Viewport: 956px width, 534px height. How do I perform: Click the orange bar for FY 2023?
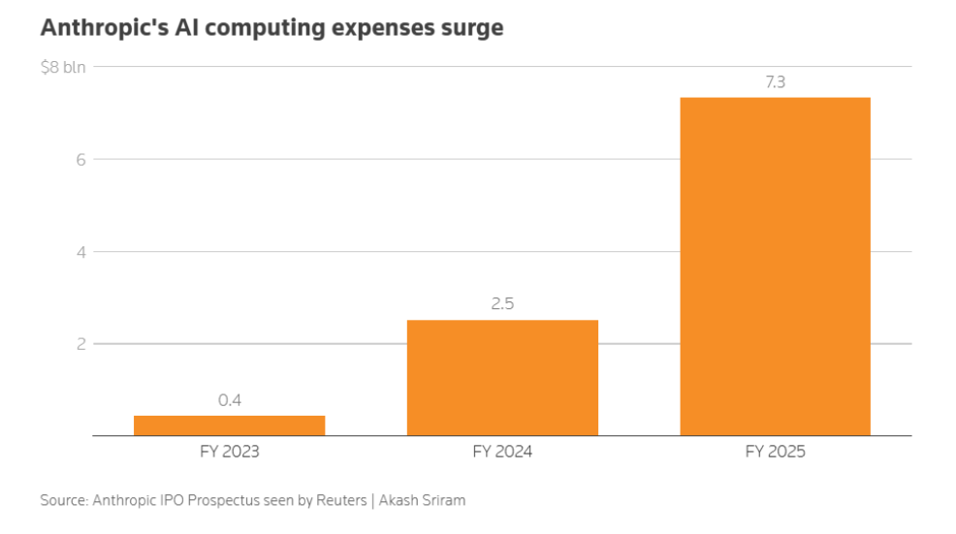pos(229,425)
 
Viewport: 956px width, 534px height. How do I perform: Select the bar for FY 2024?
pos(502,378)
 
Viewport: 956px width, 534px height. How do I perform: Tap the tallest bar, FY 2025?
pos(775,267)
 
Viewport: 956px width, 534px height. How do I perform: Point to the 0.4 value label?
pos(230,400)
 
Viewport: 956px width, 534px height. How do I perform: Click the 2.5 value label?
pos(502,303)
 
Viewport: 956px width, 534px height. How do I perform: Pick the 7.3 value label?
pos(776,82)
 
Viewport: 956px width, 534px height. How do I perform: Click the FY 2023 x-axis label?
pos(229,452)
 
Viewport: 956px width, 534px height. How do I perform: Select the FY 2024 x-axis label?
pos(502,452)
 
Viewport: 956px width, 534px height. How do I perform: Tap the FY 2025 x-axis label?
pos(775,452)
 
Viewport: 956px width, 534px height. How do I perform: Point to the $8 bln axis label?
pos(63,67)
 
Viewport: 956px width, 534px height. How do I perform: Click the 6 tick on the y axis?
pos(81,160)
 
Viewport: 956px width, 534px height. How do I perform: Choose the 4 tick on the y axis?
pos(81,252)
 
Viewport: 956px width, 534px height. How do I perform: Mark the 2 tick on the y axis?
pos(81,344)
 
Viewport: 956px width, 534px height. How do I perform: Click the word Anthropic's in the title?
pos(105,28)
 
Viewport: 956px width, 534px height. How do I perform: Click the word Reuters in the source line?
pos(341,500)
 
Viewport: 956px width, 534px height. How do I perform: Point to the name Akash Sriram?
pos(422,500)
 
